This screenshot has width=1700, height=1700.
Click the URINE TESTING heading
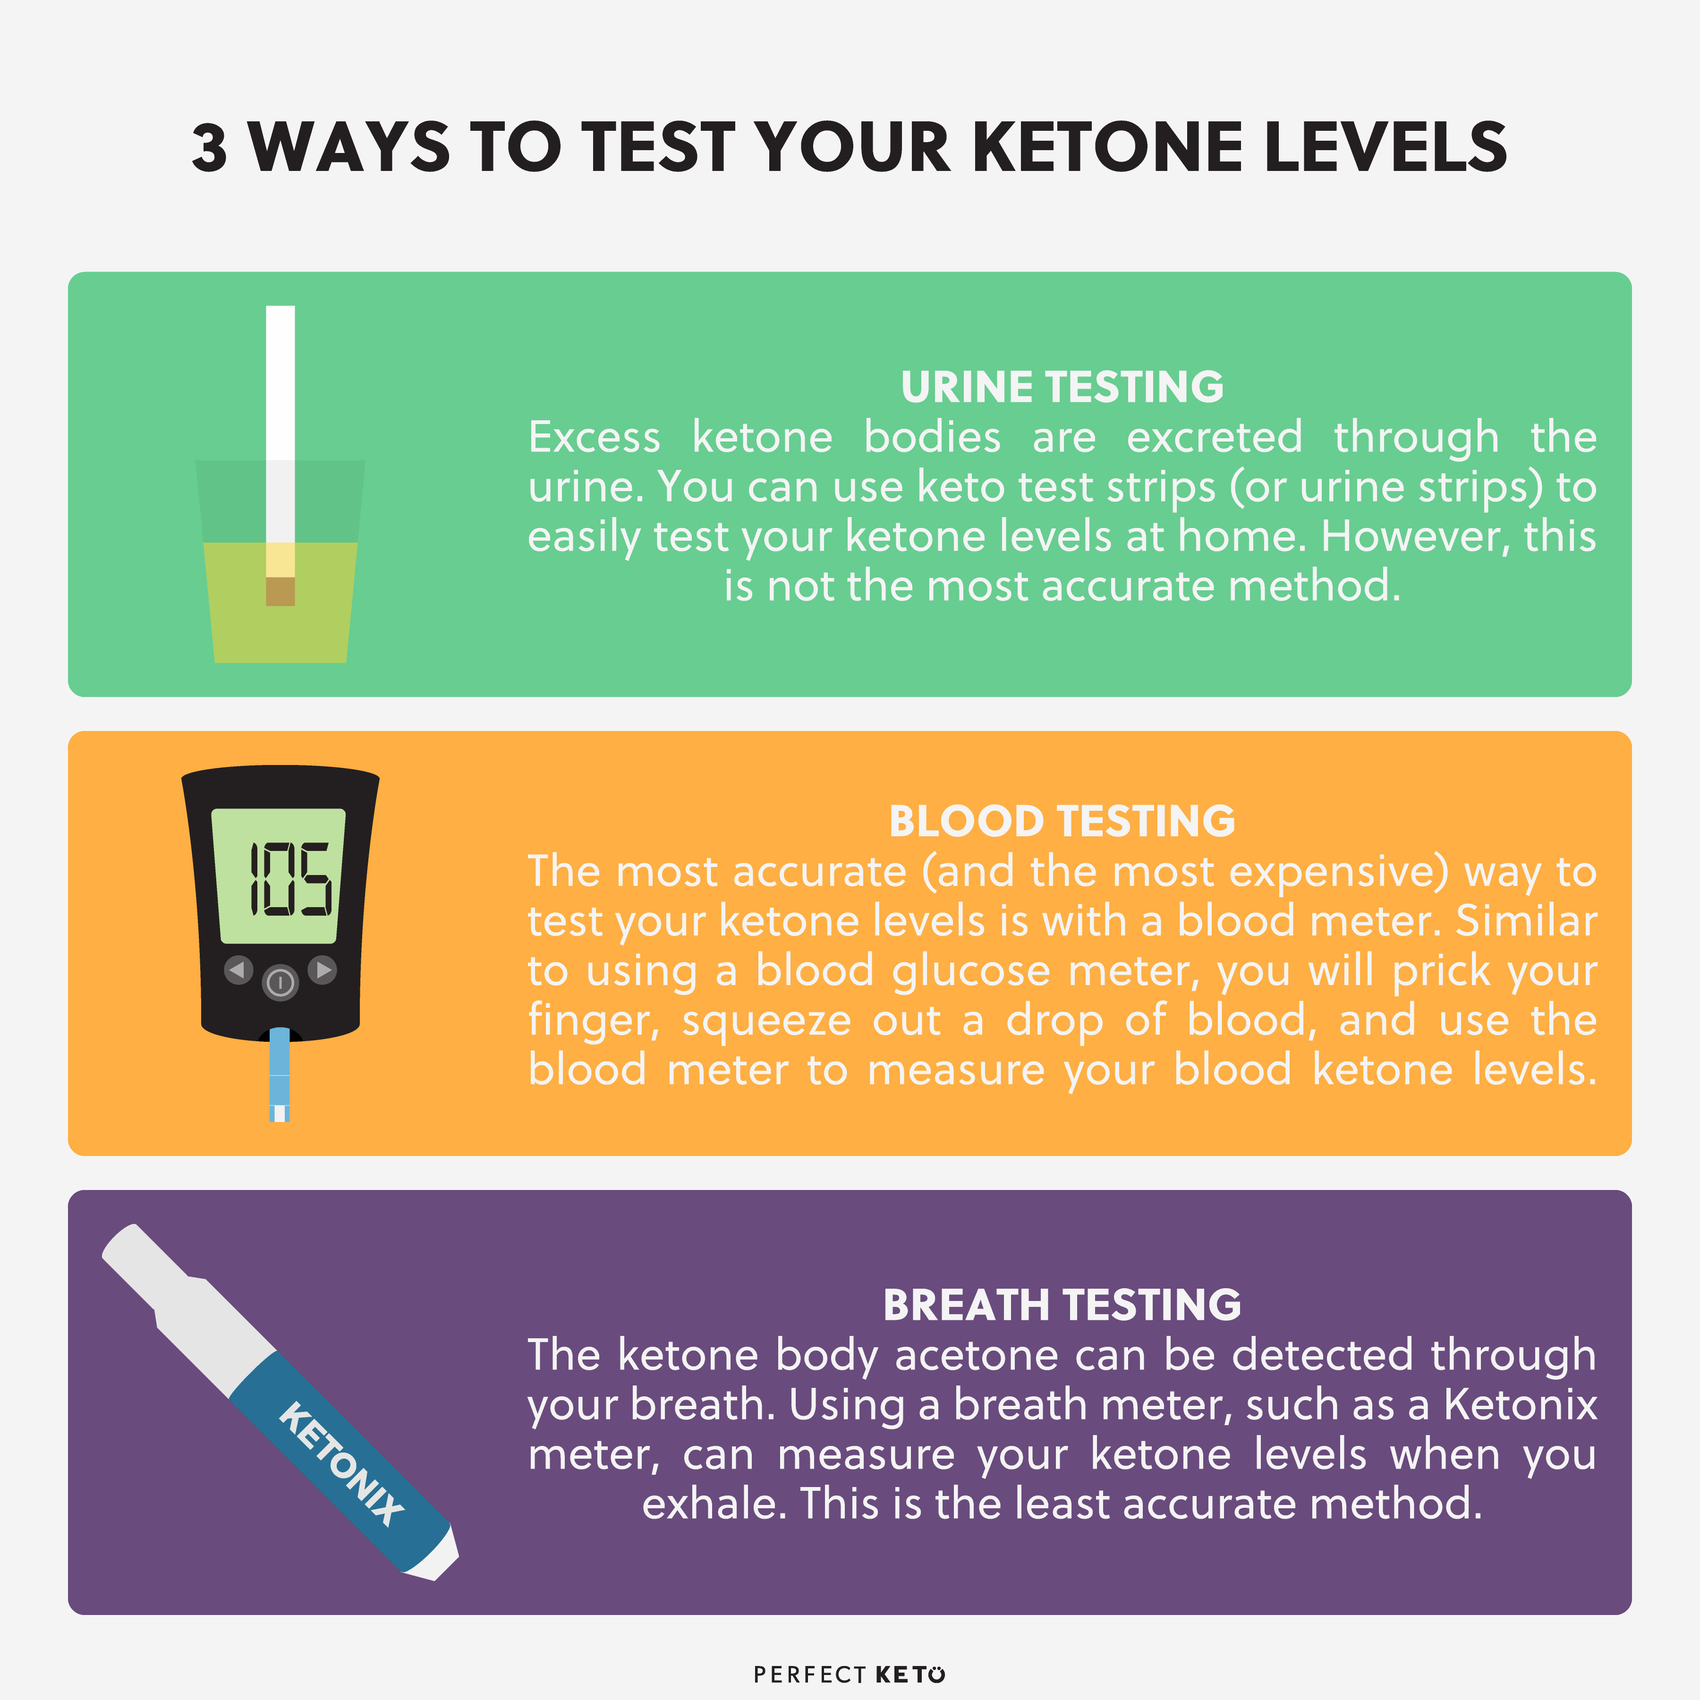click(x=1062, y=387)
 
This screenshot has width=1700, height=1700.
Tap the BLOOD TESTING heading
click(x=1062, y=821)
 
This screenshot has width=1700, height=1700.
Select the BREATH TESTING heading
click(x=1062, y=1305)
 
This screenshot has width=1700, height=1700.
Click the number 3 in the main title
click(x=209, y=147)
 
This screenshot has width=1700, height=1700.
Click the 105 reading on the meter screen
click(x=290, y=878)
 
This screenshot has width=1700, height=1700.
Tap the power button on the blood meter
click(x=280, y=983)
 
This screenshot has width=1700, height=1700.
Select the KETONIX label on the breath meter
click(x=341, y=1463)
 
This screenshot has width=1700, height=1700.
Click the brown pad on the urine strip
click(x=280, y=591)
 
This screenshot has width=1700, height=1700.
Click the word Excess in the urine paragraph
click(x=594, y=437)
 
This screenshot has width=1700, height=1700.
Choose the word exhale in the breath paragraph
click(x=713, y=1503)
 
